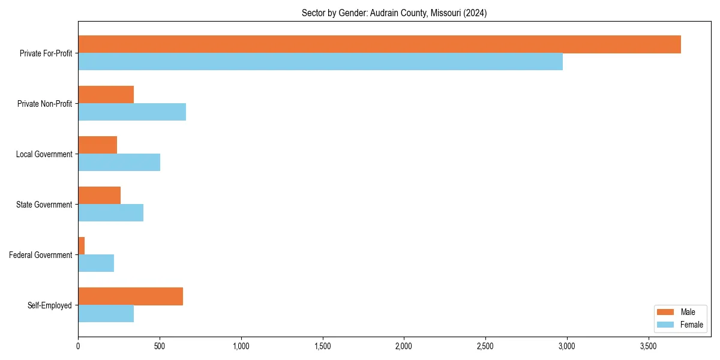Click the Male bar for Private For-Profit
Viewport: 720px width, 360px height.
pyautogui.click(x=379, y=44)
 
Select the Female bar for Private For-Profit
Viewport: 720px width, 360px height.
pyautogui.click(x=320, y=62)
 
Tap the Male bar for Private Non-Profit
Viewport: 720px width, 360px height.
pyautogui.click(x=106, y=95)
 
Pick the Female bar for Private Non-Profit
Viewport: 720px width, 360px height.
pyautogui.click(x=132, y=112)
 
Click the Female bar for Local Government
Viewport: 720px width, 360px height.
pyautogui.click(x=119, y=163)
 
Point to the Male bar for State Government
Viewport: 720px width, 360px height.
pyautogui.click(x=99, y=196)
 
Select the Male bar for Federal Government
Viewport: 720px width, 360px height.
pyautogui.click(x=82, y=246)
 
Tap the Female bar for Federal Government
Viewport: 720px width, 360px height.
pyautogui.click(x=96, y=263)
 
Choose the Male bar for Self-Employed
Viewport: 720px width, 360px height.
pyautogui.click(x=130, y=296)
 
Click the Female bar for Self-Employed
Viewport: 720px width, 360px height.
pyautogui.click(x=106, y=314)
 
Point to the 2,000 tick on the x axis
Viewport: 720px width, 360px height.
pyautogui.click(x=404, y=346)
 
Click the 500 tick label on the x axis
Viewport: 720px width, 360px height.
pyautogui.click(x=160, y=346)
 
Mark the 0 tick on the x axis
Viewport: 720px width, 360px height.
pyautogui.click(x=78, y=346)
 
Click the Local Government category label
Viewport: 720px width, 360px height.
pyautogui.click(x=44, y=154)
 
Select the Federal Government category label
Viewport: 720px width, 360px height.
pyautogui.click(x=40, y=255)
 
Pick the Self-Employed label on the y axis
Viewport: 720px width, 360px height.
pyautogui.click(x=49, y=305)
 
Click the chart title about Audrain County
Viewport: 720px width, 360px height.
pyautogui.click(x=394, y=13)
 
